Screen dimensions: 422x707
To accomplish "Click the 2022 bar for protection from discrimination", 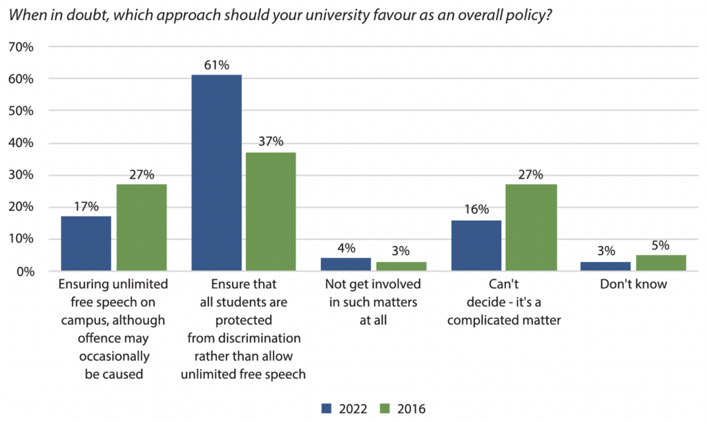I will point(217,172).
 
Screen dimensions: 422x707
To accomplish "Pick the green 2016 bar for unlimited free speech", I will point(142,228).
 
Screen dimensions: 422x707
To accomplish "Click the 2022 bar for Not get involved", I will point(346,265).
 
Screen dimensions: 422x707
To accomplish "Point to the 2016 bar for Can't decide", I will point(531,228).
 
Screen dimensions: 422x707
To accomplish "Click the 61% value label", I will point(217,65).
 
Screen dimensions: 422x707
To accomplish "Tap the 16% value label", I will point(476,210).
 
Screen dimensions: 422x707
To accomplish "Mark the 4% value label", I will point(346,248).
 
